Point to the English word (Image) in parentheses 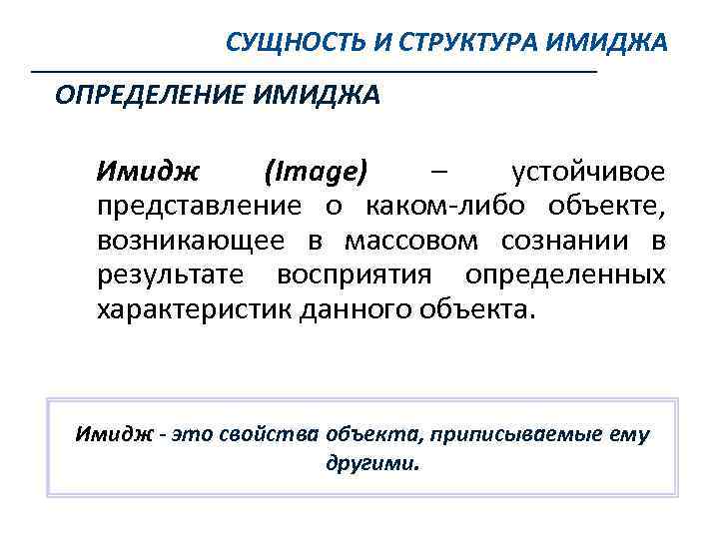pos(317,172)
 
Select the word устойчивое pos(587,172)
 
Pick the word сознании pos(560,241)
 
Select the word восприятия pos(355,274)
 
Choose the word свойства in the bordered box pos(264,435)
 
